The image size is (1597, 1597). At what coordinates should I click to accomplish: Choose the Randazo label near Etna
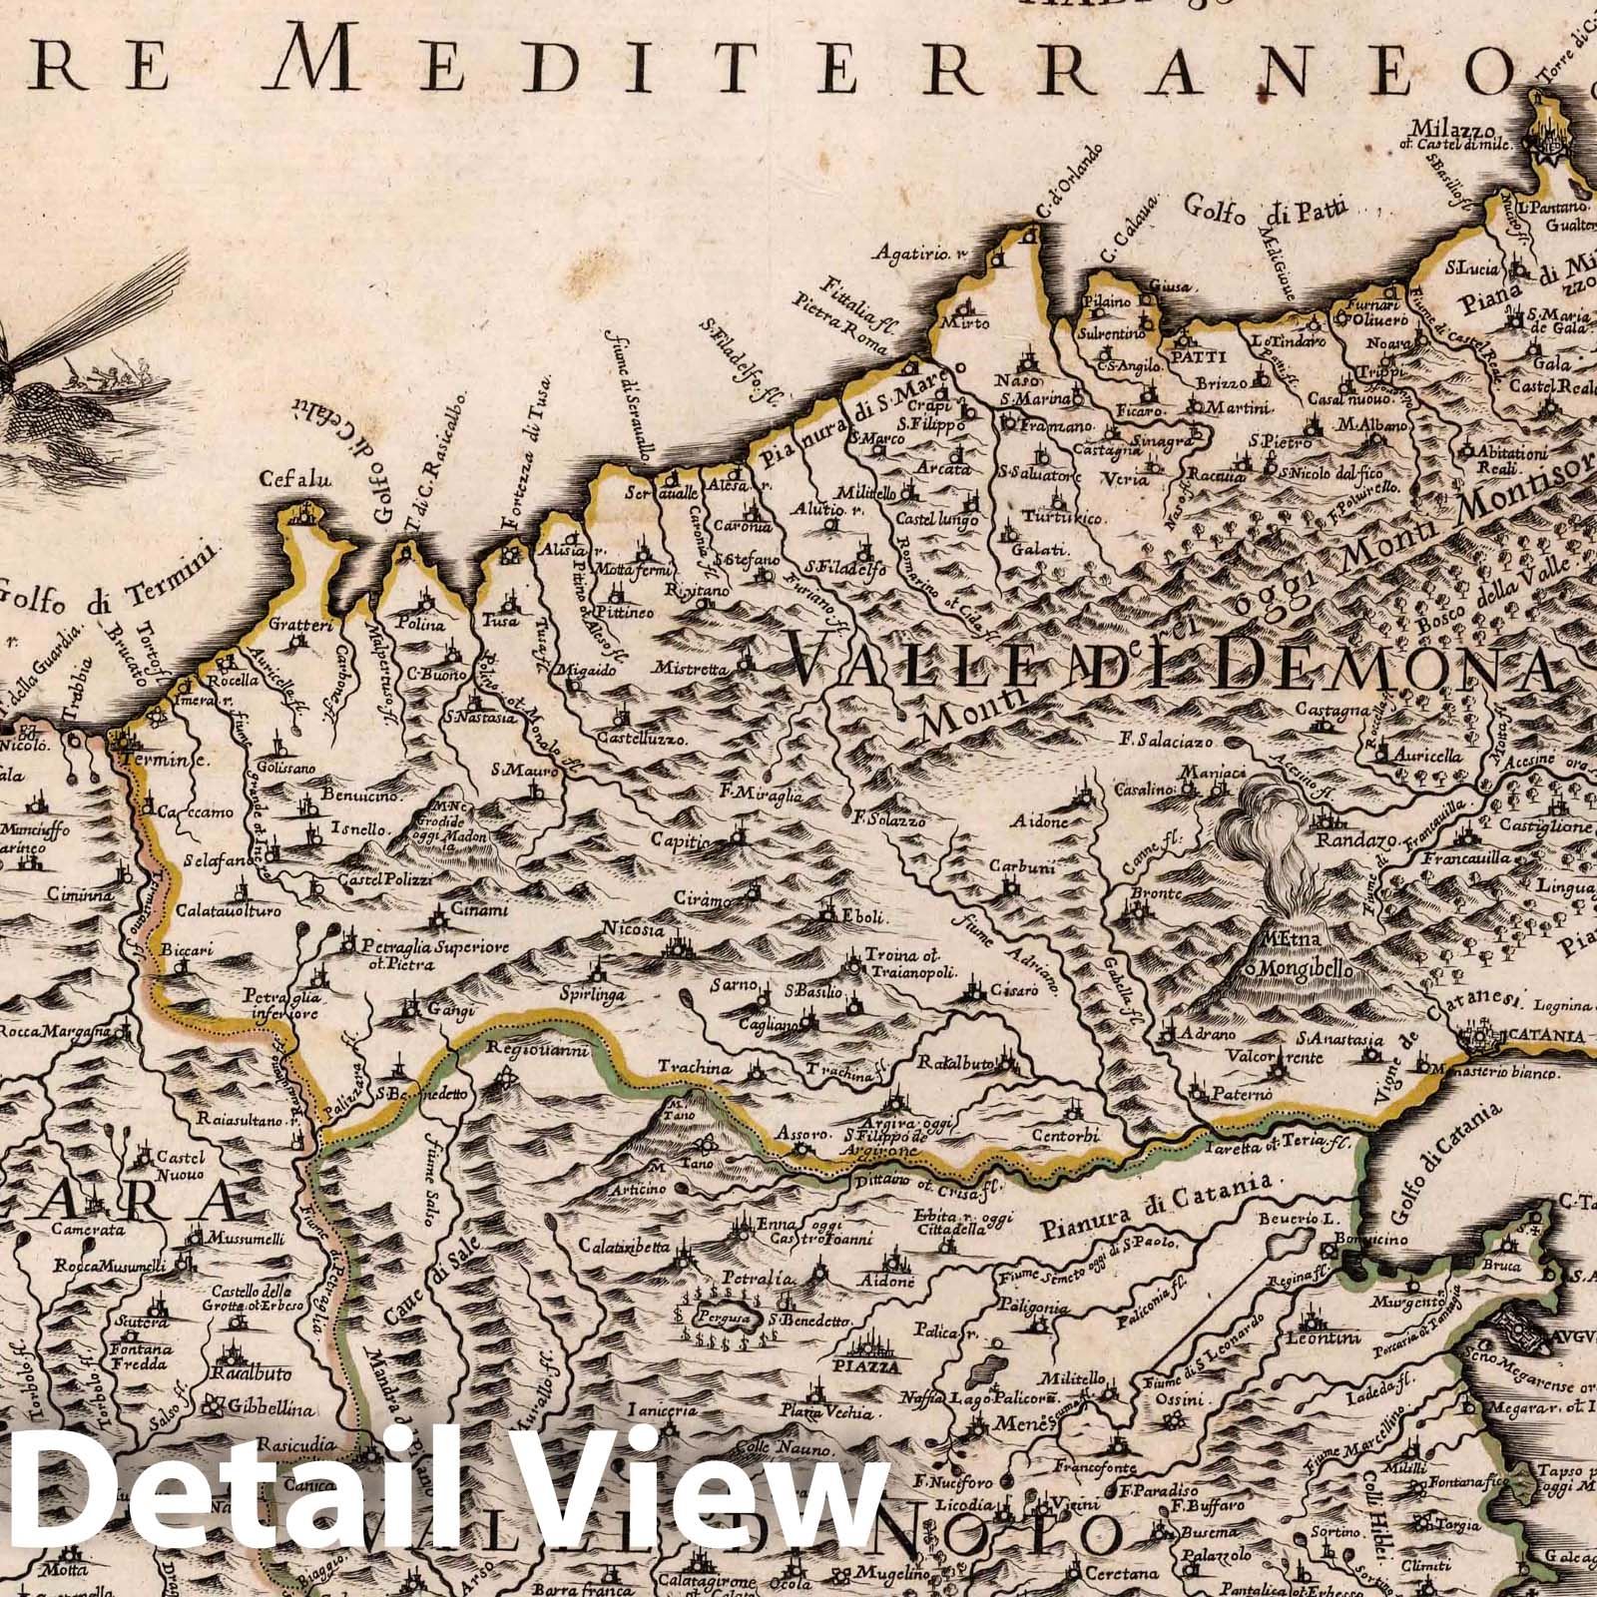point(1342,842)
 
